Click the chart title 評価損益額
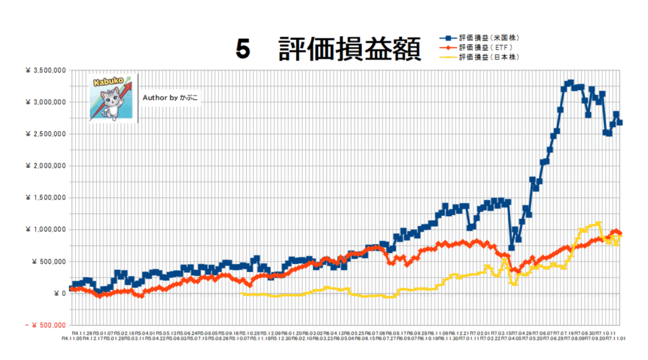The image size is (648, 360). point(349,49)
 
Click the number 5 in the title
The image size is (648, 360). point(243,49)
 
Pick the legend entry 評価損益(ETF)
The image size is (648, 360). point(486,47)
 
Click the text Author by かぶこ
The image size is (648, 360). point(170,98)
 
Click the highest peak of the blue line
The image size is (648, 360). point(570,82)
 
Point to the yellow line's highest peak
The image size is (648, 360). point(599,223)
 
